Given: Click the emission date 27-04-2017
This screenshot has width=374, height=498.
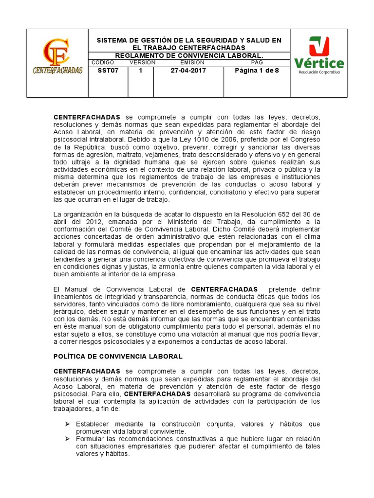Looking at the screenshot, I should pos(188,71).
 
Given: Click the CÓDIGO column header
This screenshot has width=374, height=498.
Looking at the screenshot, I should pos(102,63).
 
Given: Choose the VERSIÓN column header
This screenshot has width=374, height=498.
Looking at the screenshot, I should pos(143,63).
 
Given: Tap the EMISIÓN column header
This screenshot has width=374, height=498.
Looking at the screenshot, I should pos(189,63).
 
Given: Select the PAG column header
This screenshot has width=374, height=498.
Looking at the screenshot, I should pos(257,63).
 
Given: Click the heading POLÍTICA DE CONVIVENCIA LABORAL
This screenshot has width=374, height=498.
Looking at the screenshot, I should pos(118,356).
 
